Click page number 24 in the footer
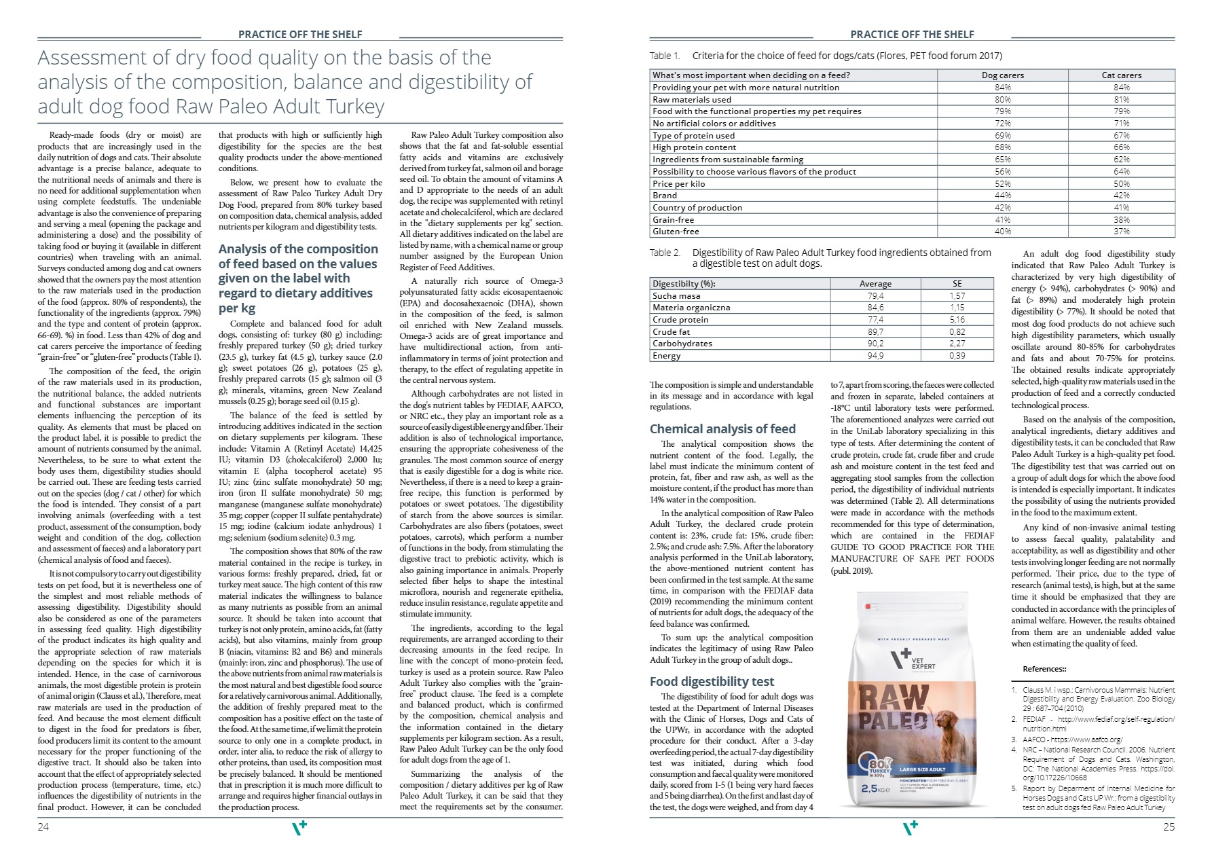coord(43,826)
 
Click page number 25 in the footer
coord(1169,826)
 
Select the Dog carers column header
coord(1002,75)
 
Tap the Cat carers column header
coord(1121,75)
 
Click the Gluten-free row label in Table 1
coord(676,232)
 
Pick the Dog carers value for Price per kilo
coord(1002,183)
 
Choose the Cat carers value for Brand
coord(1121,196)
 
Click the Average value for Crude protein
coord(875,320)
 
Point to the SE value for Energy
coord(957,356)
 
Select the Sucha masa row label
coord(676,296)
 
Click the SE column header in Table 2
coord(957,284)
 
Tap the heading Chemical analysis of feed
coord(722,428)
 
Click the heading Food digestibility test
coord(712,681)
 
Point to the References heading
coord(1044,669)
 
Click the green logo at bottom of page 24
coord(299,827)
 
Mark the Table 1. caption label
coord(665,56)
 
